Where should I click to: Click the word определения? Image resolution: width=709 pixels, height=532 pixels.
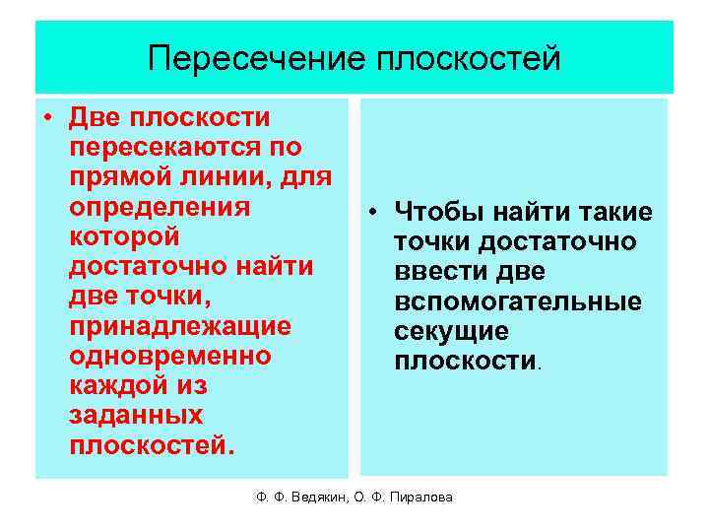[160, 208]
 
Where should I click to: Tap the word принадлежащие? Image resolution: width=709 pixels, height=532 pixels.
[180, 326]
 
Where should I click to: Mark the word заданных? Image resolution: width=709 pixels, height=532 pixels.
[137, 415]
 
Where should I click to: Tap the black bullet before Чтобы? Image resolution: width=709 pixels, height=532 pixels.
[376, 212]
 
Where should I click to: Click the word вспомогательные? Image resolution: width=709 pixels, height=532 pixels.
[517, 301]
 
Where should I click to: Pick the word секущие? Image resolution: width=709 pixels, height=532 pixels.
[451, 331]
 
